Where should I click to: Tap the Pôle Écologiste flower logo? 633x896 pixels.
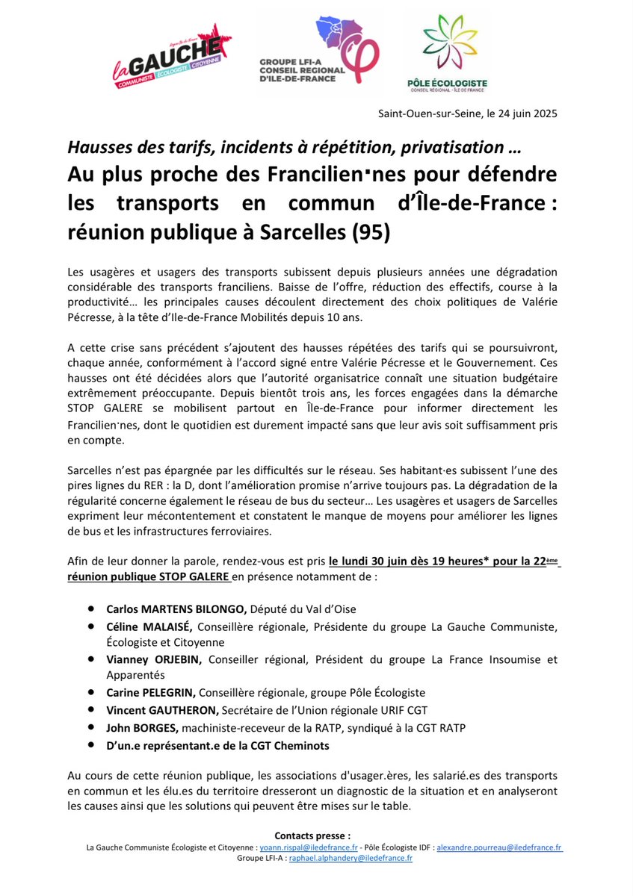pyautogui.click(x=447, y=52)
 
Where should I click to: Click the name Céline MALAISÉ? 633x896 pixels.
pyautogui.click(x=150, y=626)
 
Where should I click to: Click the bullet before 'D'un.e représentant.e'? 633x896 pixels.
pyautogui.click(x=91, y=744)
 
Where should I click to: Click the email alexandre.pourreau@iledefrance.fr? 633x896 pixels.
pyautogui.click(x=499, y=847)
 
